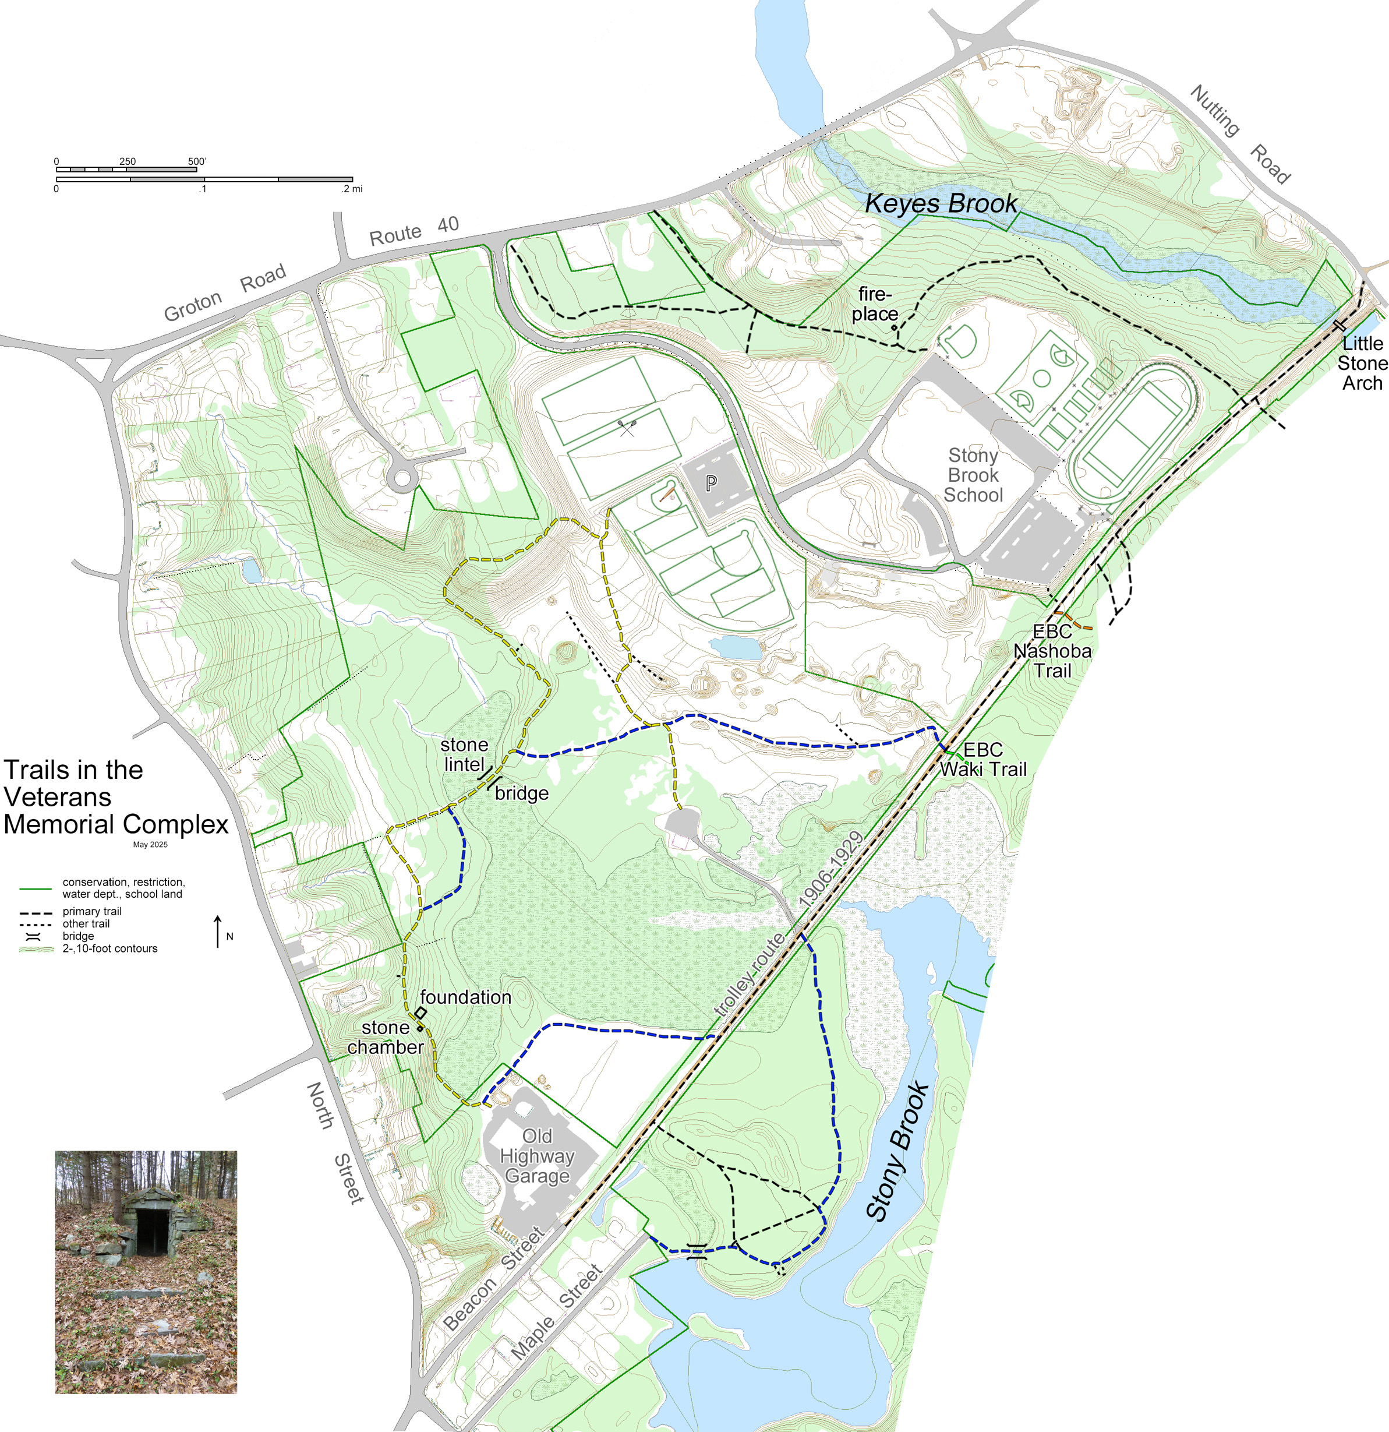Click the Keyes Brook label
pyautogui.click(x=941, y=203)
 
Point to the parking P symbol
pyautogui.click(x=711, y=482)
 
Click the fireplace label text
pyautogui.click(x=875, y=304)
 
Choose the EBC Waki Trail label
pyautogui.click(x=983, y=759)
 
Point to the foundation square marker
pyautogui.click(x=420, y=1013)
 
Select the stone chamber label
pyautogui.click(x=386, y=1038)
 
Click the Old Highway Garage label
pyautogui.click(x=537, y=1156)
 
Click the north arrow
pyautogui.click(x=218, y=932)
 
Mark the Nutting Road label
pyautogui.click(x=1240, y=133)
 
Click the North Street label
pyautogui.click(x=334, y=1142)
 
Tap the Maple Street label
pyautogui.click(x=557, y=1312)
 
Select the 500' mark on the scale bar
pyautogui.click(x=197, y=161)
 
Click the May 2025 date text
pyautogui.click(x=150, y=845)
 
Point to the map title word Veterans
pyautogui.click(x=58, y=796)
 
